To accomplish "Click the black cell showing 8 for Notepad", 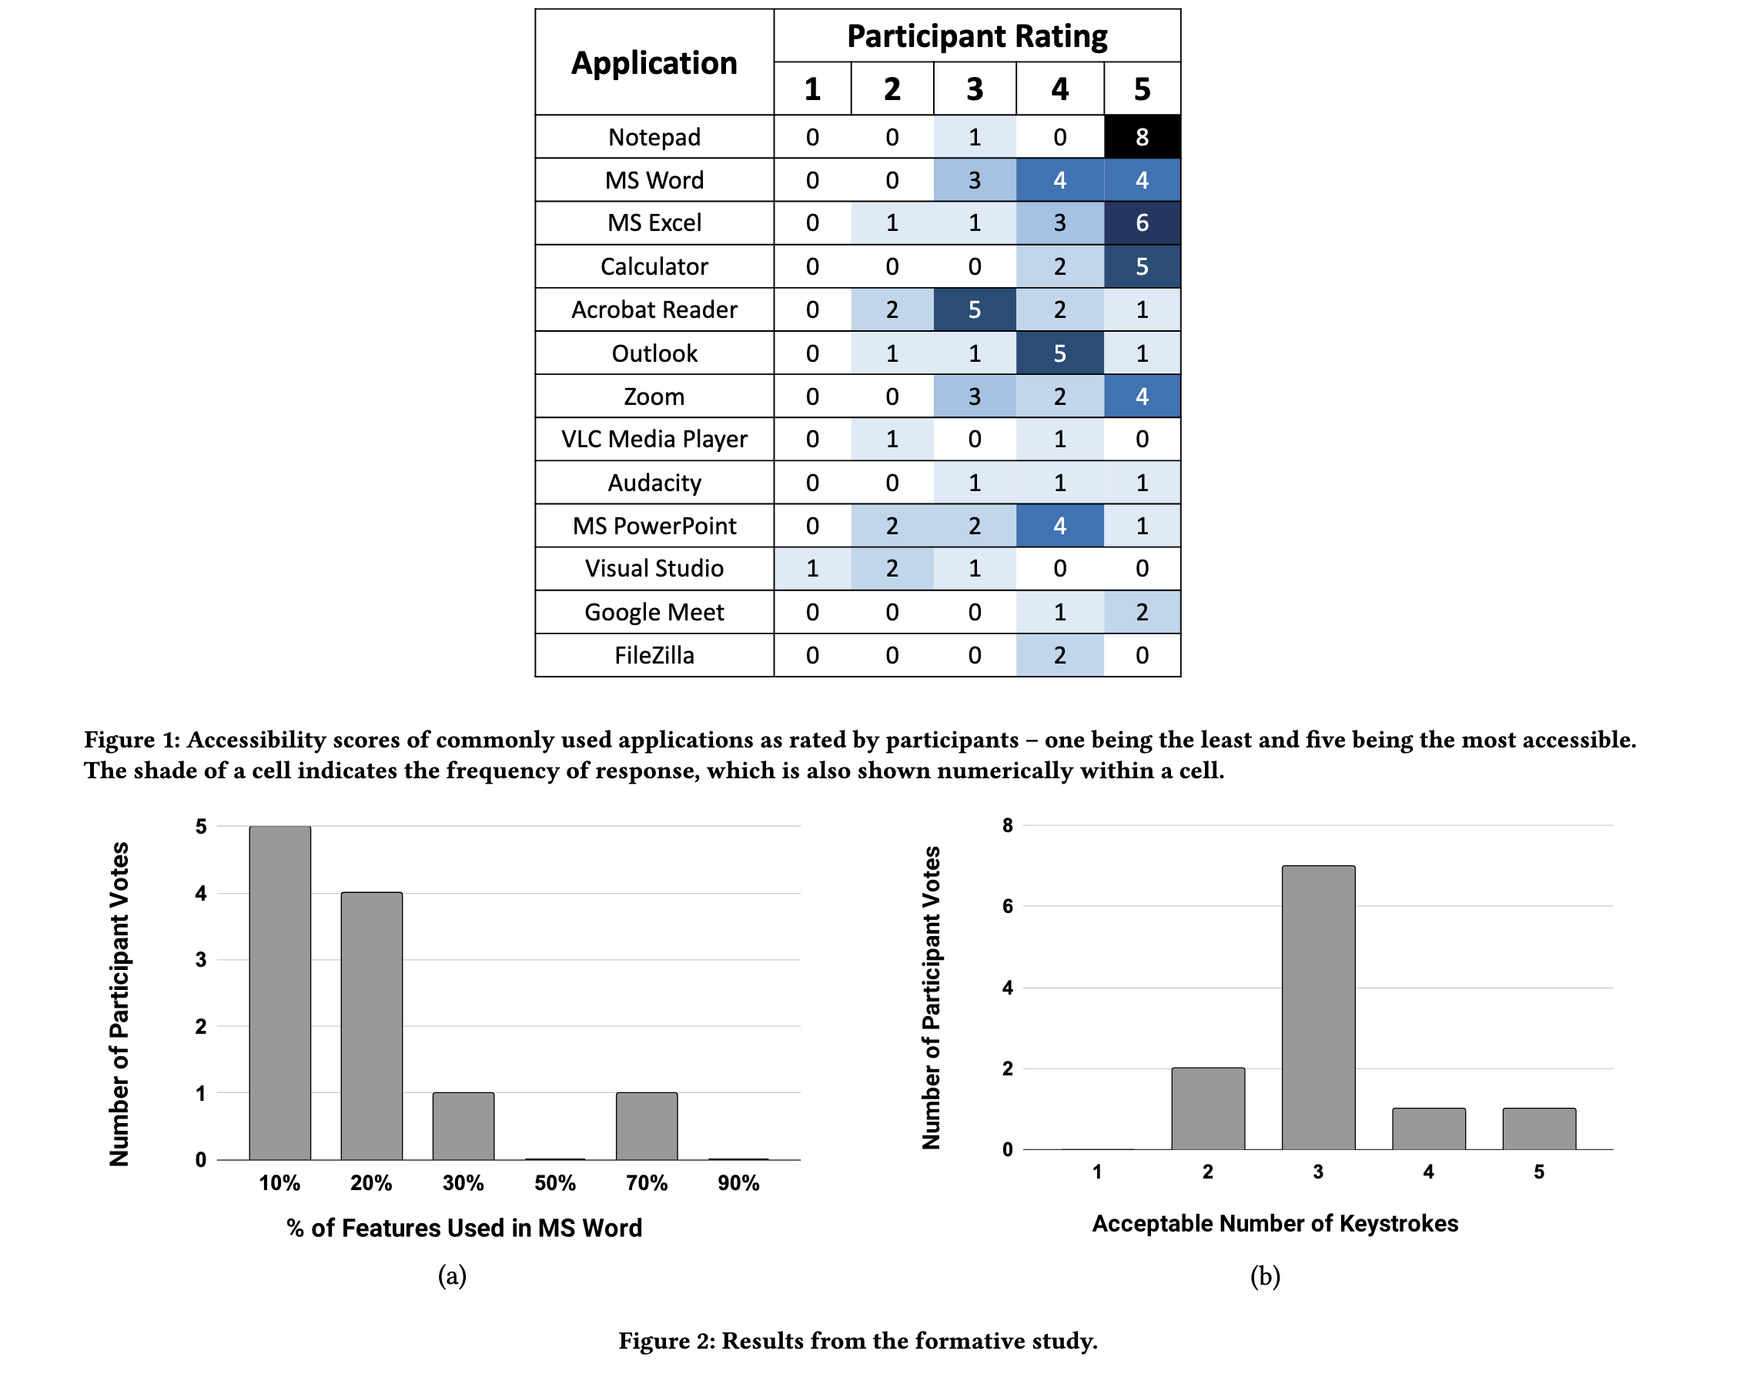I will [1141, 137].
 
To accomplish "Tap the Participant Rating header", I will [976, 36].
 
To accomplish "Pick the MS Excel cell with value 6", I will [1141, 223].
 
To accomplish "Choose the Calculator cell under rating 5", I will [1141, 266].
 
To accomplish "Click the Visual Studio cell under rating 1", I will [811, 568].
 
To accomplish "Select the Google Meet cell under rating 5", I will [1141, 612].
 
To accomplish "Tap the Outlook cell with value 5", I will [1059, 353].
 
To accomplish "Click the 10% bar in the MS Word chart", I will [279, 993].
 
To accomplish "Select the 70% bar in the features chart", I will [646, 1125].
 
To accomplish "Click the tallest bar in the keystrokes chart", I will [1318, 1008].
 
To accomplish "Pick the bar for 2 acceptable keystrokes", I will [1207, 1108].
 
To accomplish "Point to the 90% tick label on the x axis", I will [738, 1183].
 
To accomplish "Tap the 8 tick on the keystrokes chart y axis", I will [1007, 825].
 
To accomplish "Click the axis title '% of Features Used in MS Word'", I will [464, 1228].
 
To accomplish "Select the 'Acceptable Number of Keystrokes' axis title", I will [1275, 1223].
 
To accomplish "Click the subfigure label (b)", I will [1264, 1276].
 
